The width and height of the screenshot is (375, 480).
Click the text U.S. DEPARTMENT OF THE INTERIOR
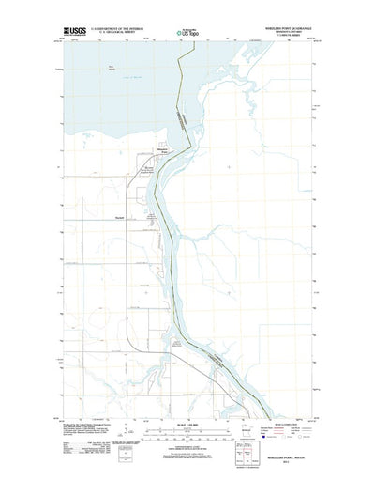point(119,28)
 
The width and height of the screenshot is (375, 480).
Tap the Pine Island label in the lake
point(137,68)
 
